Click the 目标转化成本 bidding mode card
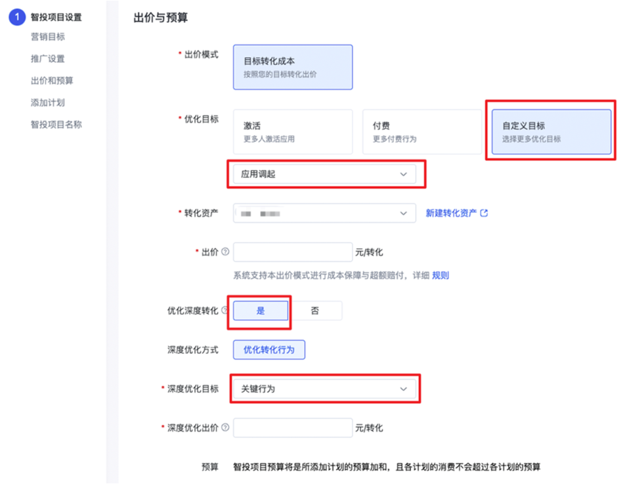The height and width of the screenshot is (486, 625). pyautogui.click(x=293, y=67)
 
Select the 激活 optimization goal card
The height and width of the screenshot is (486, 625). pyautogui.click(x=293, y=131)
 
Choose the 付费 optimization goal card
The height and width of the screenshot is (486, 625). pyautogui.click(x=422, y=131)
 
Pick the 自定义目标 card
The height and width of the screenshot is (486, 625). pyautogui.click(x=551, y=131)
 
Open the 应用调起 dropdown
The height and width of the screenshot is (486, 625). pyautogui.click(x=324, y=174)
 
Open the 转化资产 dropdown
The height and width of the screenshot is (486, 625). pyautogui.click(x=324, y=213)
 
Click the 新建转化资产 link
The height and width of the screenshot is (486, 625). pyautogui.click(x=456, y=213)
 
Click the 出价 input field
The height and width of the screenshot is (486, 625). pyautogui.click(x=293, y=252)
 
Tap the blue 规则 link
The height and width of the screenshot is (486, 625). pyautogui.click(x=440, y=276)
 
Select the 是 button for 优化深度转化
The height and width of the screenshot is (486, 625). pyautogui.click(x=261, y=311)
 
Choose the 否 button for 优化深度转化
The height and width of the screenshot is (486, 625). pyautogui.click(x=315, y=311)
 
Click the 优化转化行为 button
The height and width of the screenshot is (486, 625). pyautogui.click(x=269, y=350)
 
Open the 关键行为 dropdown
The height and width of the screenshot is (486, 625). pyautogui.click(x=324, y=389)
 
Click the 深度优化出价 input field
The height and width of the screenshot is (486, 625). pyautogui.click(x=293, y=428)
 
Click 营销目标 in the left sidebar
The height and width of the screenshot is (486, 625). pyautogui.click(x=47, y=37)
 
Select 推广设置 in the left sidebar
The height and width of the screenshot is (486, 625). pyautogui.click(x=47, y=58)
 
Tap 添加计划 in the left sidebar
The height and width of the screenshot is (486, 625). pyautogui.click(x=47, y=102)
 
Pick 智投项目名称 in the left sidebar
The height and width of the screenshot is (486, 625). pyautogui.click(x=56, y=124)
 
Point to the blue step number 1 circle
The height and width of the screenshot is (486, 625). pyautogui.click(x=17, y=17)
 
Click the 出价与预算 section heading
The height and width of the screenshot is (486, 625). pyautogui.click(x=160, y=18)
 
